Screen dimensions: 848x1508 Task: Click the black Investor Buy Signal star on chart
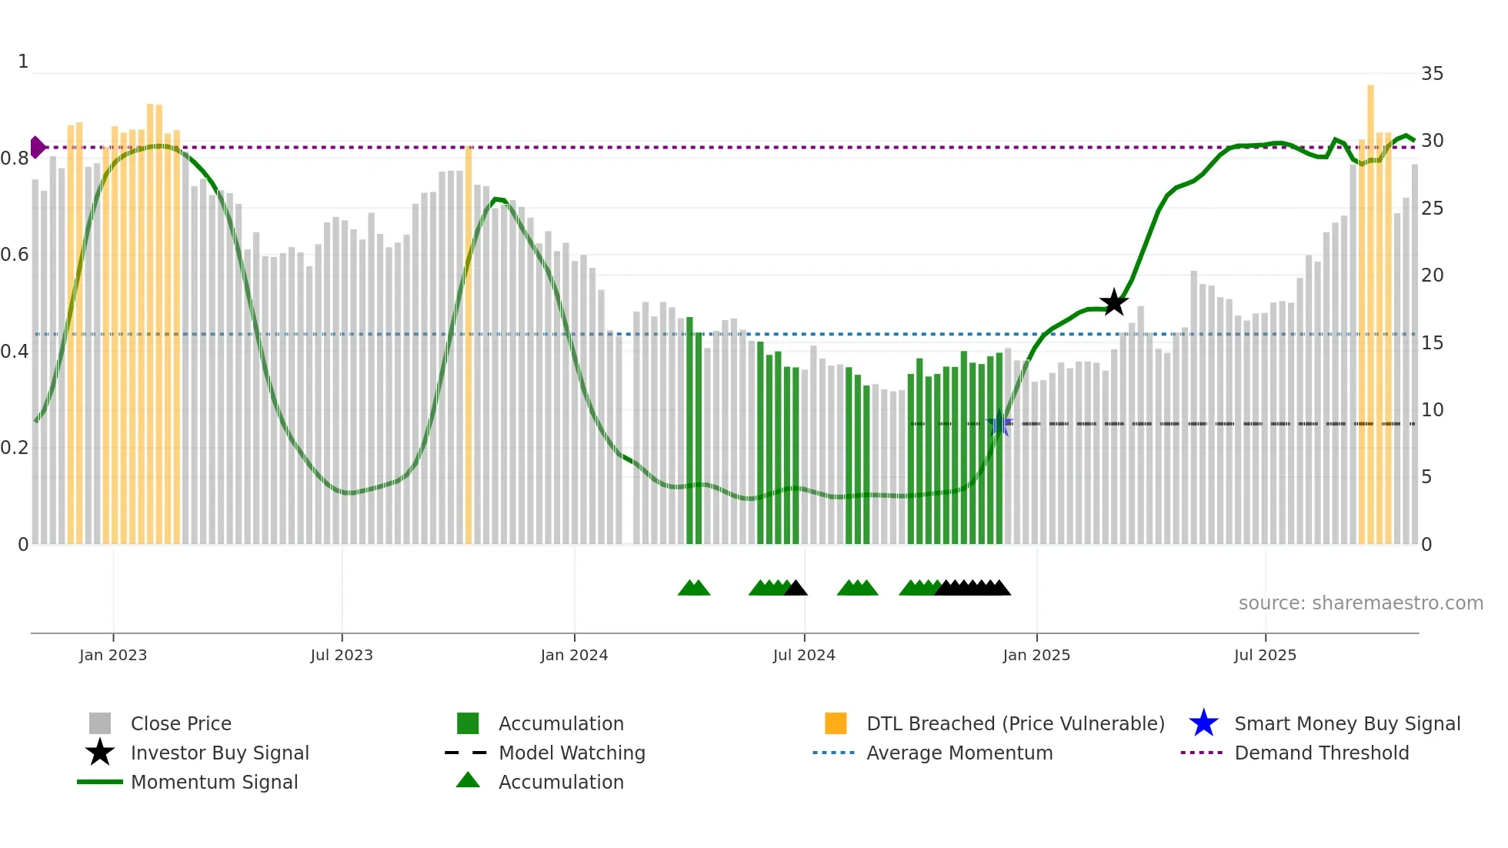1113,302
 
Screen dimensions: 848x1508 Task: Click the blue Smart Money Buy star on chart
999,423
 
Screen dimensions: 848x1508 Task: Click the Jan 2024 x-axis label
574,655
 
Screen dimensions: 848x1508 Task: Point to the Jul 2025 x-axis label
1265,655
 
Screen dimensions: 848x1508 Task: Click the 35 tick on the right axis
1432,74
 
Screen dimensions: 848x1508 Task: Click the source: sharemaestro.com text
1360,603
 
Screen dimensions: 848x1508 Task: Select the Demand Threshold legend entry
1321,753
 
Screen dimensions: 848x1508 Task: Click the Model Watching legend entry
572,753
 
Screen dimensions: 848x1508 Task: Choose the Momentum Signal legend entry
214,782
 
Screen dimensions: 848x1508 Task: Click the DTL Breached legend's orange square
836,723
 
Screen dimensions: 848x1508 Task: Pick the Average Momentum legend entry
959,753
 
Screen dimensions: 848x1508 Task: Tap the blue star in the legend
1203,723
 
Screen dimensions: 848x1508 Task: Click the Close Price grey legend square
100,723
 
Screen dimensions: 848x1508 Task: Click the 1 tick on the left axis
23,62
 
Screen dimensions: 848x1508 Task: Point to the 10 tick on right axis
1432,410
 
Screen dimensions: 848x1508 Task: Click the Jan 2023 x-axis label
113,655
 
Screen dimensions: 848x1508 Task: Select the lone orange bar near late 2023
469,346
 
